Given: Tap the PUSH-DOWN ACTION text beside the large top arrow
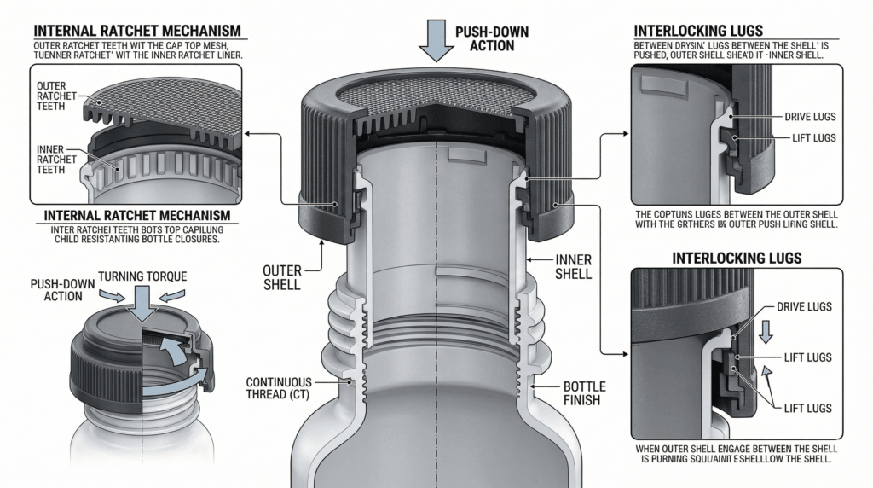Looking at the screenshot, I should pos(492,38).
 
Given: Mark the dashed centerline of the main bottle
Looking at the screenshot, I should pos(437,341).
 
